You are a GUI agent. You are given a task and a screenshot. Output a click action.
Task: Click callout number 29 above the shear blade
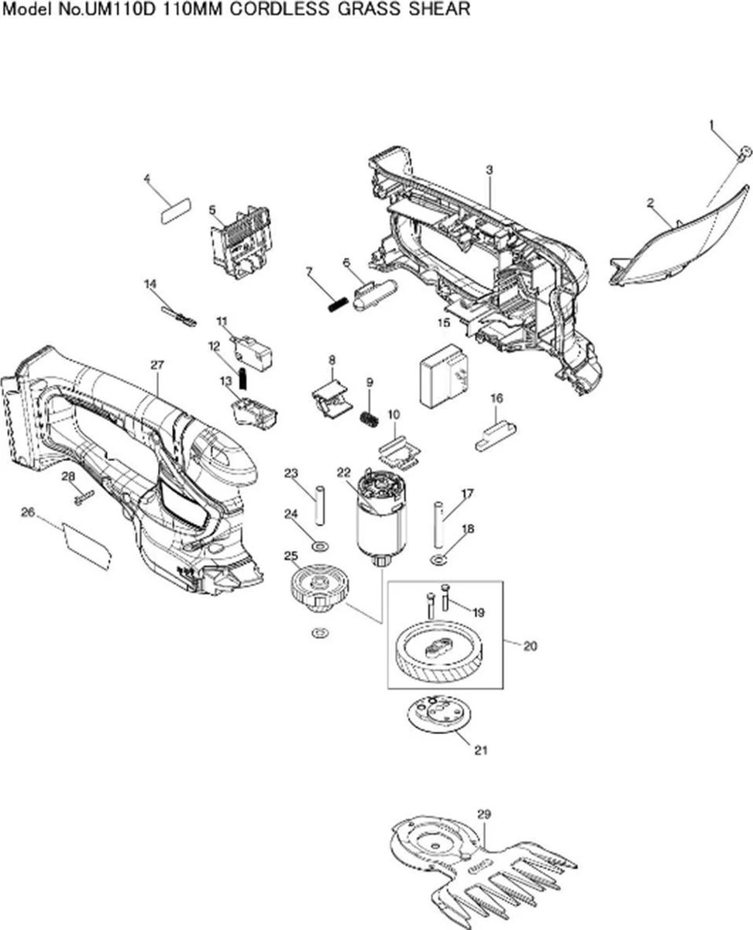click(484, 815)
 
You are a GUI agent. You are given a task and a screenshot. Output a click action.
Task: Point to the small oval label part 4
click(175, 211)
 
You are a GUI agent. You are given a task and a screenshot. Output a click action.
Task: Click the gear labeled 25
click(318, 583)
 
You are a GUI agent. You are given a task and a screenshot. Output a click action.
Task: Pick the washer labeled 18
click(438, 560)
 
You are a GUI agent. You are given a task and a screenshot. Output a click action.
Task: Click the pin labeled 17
click(438, 524)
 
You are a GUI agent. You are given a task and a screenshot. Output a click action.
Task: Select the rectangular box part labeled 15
click(444, 375)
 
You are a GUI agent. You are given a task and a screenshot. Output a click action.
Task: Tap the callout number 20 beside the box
click(530, 646)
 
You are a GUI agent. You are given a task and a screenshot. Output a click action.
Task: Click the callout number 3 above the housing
click(490, 170)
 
